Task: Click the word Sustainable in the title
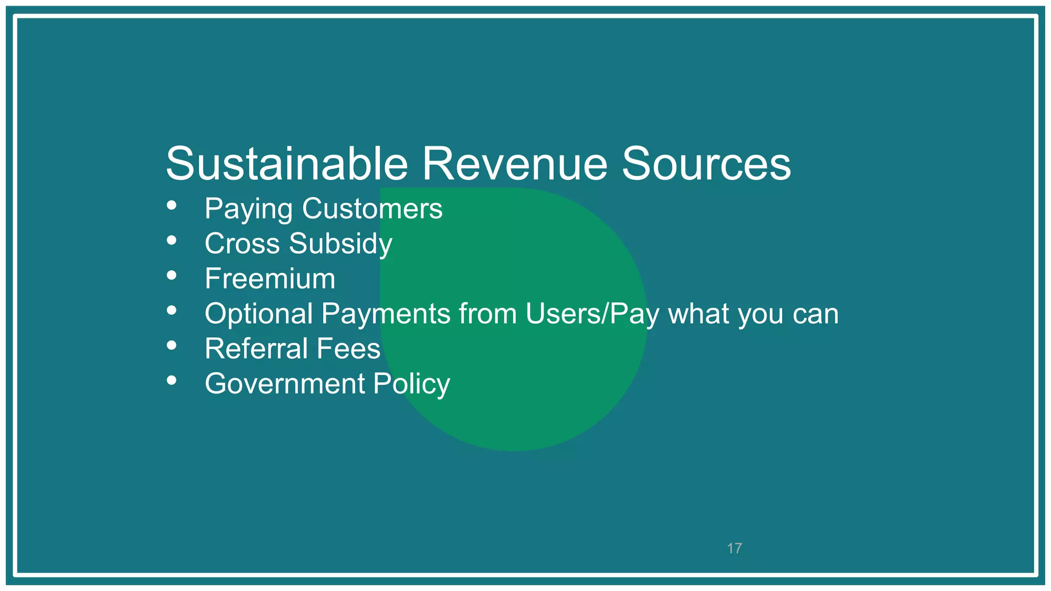286,164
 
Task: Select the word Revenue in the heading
515,164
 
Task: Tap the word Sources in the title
706,164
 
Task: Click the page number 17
734,548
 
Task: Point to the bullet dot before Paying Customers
172,206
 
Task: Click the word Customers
372,209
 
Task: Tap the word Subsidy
341,244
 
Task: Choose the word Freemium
270,279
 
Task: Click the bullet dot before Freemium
172,275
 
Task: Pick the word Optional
259,313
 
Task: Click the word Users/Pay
592,314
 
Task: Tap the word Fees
348,349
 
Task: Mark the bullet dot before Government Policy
172,381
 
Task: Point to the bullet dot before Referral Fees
172,346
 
